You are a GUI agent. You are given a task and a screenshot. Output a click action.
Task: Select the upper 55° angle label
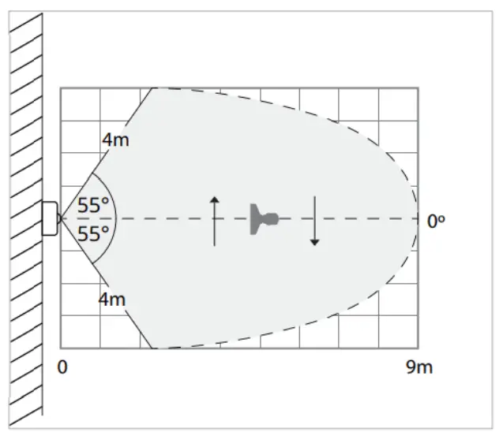[x=93, y=206]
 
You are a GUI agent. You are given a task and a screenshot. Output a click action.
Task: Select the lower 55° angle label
[x=93, y=234]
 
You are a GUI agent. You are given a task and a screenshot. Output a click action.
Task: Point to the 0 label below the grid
[x=63, y=367]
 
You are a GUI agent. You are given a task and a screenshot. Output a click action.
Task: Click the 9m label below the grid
[x=419, y=367]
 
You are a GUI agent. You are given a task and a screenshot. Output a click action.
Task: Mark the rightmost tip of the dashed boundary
[x=418, y=218]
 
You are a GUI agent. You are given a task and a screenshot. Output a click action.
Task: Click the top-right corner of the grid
[x=418, y=88]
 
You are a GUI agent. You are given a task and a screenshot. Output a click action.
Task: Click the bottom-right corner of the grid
[x=418, y=348]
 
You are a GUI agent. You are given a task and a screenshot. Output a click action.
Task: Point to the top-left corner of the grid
[x=61, y=88]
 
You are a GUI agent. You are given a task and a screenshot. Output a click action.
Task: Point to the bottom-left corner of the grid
[x=61, y=348]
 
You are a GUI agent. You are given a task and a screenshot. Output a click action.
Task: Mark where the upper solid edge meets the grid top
[x=153, y=88]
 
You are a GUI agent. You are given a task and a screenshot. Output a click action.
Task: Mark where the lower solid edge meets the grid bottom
[x=153, y=348]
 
